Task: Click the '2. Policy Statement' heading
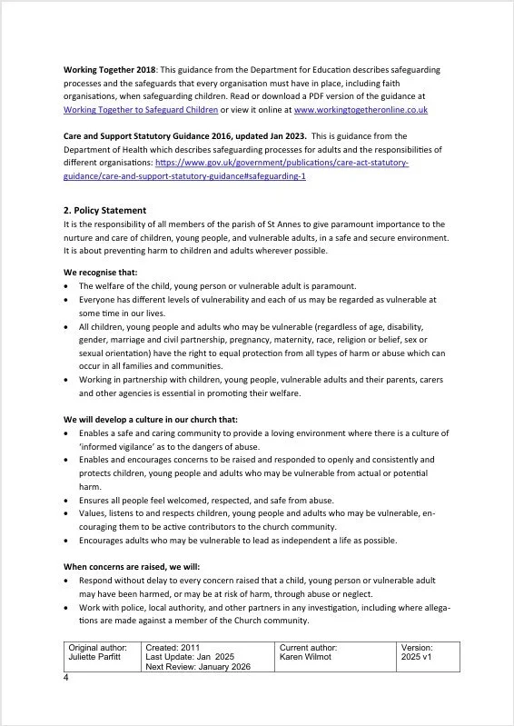[104, 210]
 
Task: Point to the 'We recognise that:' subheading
[101, 272]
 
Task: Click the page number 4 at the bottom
[66, 678]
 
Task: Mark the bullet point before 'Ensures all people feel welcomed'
[67, 500]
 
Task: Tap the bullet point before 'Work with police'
[67, 606]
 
